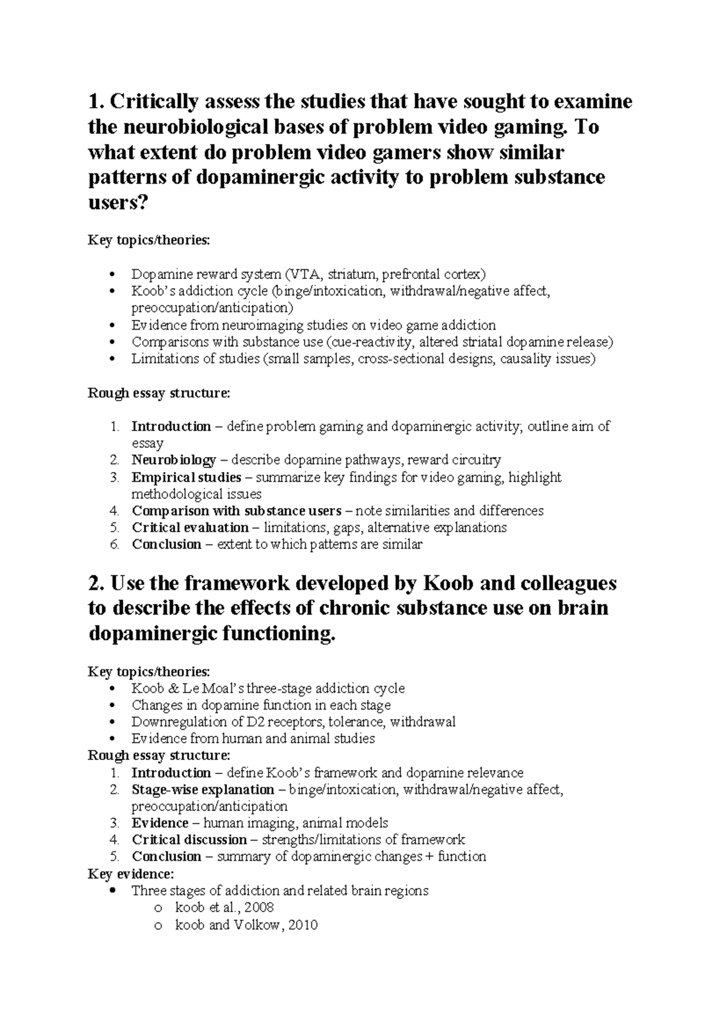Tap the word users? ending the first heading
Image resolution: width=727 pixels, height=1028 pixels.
point(118,203)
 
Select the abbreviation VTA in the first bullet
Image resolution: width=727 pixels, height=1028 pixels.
point(302,275)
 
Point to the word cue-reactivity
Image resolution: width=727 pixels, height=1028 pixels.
point(371,342)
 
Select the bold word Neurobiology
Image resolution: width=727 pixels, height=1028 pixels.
point(173,460)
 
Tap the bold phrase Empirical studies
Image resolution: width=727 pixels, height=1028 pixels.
point(186,478)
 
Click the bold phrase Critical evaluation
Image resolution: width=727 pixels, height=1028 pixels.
point(190,527)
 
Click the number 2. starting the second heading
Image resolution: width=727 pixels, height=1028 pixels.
point(97,583)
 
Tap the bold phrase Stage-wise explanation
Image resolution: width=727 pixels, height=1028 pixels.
point(202,790)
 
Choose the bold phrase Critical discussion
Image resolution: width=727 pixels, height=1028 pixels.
point(189,840)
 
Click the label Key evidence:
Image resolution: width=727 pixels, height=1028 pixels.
point(131,874)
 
